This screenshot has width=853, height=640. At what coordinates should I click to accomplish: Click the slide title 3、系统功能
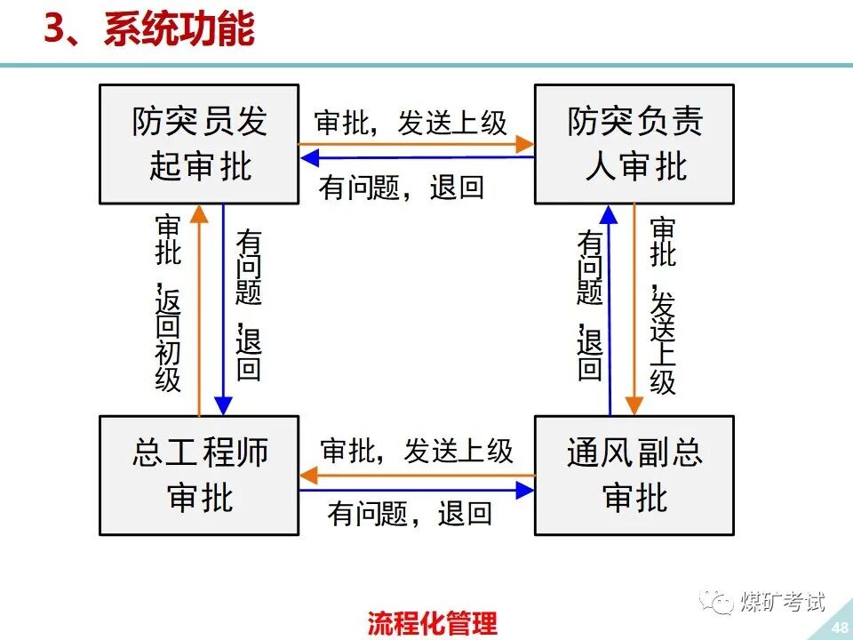tap(149, 29)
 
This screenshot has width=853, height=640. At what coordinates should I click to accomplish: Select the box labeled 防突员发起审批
tap(199, 144)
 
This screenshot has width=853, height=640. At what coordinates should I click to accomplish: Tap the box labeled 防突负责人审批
tap(634, 144)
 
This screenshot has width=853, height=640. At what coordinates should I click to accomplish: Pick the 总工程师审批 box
tap(199, 475)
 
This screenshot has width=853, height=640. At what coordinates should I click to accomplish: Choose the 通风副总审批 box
tap(634, 475)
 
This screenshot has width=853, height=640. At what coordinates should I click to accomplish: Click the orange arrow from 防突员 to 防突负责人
tap(416, 143)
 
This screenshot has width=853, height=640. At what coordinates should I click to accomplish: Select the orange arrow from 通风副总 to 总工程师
tap(416, 476)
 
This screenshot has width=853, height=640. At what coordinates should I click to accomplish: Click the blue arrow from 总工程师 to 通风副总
tap(416, 490)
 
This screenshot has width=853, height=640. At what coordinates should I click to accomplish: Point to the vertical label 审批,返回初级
tap(168, 302)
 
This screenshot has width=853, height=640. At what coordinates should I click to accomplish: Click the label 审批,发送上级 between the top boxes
tap(411, 123)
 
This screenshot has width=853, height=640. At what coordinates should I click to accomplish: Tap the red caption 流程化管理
tap(433, 623)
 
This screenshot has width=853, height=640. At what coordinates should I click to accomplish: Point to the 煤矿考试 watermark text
tap(782, 602)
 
